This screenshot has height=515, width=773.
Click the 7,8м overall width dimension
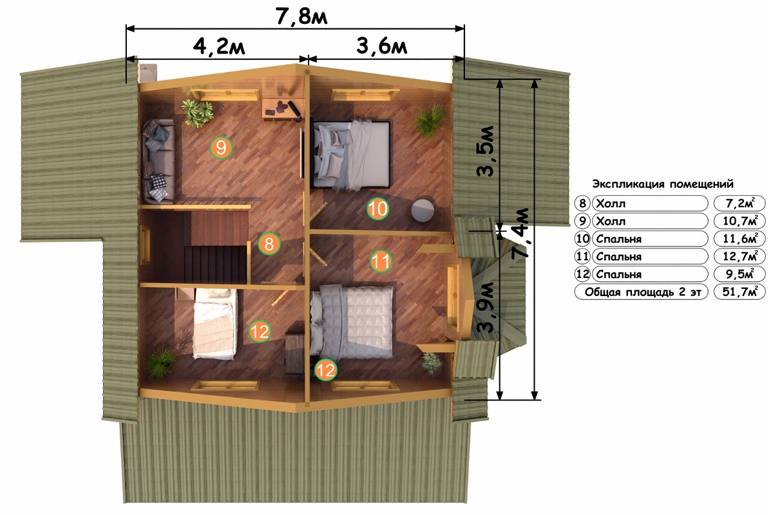click(x=301, y=17)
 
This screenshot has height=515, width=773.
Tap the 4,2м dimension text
click(x=219, y=46)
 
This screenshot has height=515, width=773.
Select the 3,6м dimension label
click(x=381, y=46)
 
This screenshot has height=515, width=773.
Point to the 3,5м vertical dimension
click(x=486, y=151)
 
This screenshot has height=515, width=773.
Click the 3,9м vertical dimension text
click(x=486, y=307)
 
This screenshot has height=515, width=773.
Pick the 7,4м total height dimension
click(x=520, y=232)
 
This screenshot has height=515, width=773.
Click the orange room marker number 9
click(x=221, y=147)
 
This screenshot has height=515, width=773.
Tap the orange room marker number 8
click(x=269, y=244)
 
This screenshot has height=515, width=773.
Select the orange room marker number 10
click(x=378, y=209)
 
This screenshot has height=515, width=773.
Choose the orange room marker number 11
click(x=381, y=261)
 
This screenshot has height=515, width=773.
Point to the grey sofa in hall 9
click(x=158, y=161)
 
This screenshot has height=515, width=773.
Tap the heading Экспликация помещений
click(x=663, y=184)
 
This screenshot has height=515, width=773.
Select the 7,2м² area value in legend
click(x=740, y=203)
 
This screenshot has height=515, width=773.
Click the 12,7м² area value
click(x=740, y=256)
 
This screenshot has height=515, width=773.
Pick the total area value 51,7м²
click(x=740, y=292)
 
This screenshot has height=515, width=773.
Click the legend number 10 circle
click(x=582, y=239)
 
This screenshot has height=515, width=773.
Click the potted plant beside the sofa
click(x=197, y=112)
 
